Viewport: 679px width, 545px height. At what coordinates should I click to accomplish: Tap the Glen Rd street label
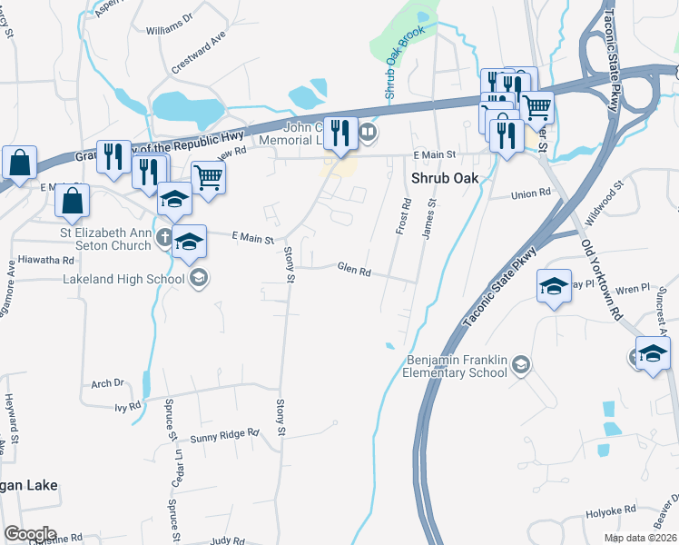pos(354,271)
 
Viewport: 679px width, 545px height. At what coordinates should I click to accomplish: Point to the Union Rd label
pos(531,193)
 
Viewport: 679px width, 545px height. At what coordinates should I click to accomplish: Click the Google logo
pos(30,534)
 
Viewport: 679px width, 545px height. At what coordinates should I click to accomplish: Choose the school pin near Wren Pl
pos(555,287)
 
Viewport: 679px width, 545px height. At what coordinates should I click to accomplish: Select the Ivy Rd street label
pos(128,405)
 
